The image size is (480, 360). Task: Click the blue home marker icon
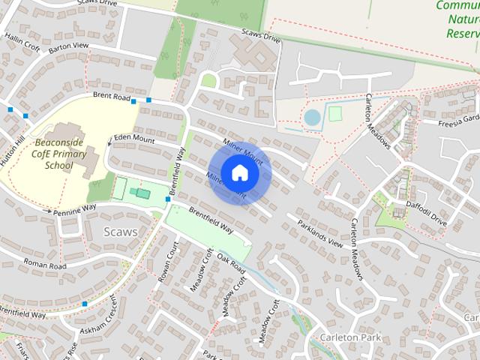pyautogui.click(x=239, y=173)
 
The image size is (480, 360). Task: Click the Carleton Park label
pyautogui.click(x=350, y=337)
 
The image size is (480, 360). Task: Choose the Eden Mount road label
pyautogui.click(x=134, y=140)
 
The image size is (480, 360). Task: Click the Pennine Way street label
pyautogui.click(x=75, y=209)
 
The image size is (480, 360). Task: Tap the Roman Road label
pyautogui.click(x=45, y=265)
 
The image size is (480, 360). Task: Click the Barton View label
pyautogui.click(x=68, y=46)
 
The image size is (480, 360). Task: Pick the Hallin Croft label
pyautogui.click(x=21, y=42)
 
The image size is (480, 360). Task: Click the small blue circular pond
pyautogui.click(x=311, y=117)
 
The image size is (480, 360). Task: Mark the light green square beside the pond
pyautogui.click(x=334, y=113)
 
